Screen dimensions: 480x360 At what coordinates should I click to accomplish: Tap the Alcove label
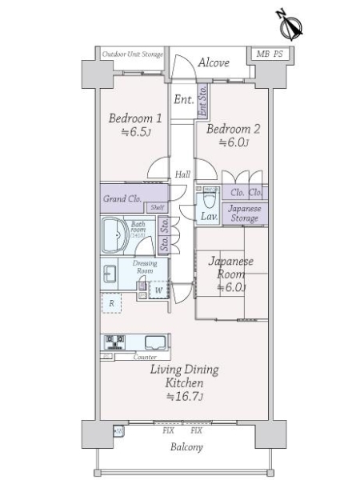pyautogui.click(x=214, y=62)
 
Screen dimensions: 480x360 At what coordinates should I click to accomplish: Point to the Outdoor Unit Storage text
pyautogui.click(x=133, y=54)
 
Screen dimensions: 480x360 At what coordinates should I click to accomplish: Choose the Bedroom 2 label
pyautogui.click(x=234, y=128)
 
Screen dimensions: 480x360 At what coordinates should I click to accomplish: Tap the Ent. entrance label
pyautogui.click(x=183, y=100)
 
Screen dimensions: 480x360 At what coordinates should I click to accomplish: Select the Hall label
pyautogui.click(x=182, y=174)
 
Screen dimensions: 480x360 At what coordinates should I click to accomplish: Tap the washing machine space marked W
pyautogui.click(x=158, y=290)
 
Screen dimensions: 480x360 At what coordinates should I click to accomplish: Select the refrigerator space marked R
pyautogui.click(x=111, y=303)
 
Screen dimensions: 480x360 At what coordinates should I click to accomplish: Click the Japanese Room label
pyautogui.click(x=231, y=267)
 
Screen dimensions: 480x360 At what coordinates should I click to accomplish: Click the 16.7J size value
pyautogui.click(x=192, y=397)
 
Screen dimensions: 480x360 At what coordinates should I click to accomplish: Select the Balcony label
pyautogui.click(x=186, y=447)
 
